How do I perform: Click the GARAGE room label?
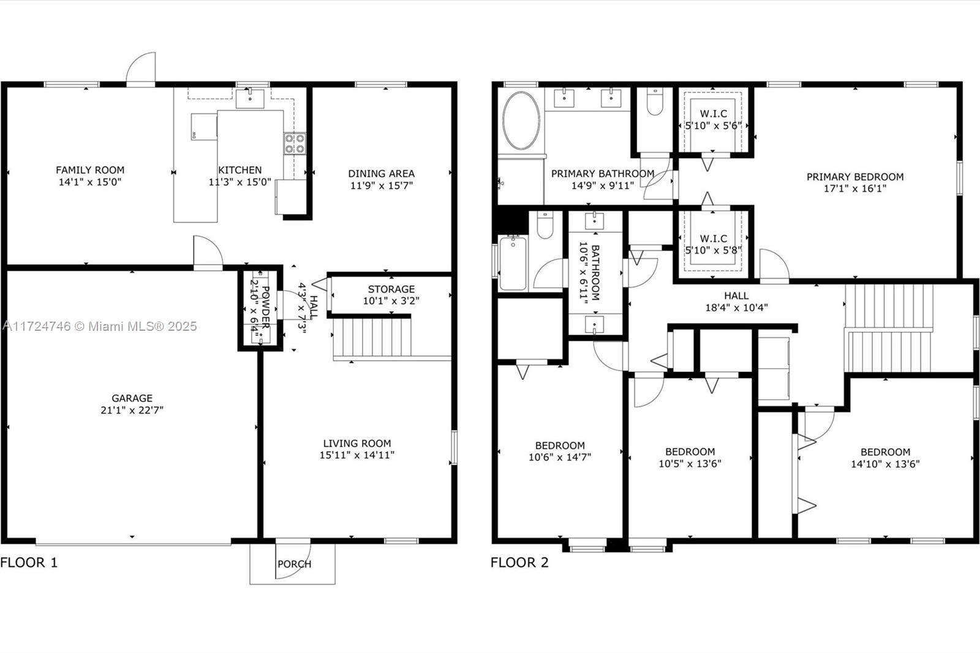click(x=132, y=398)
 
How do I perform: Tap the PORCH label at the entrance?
click(x=294, y=564)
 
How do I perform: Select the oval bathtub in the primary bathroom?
click(x=521, y=120)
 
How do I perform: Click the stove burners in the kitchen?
click(x=295, y=144)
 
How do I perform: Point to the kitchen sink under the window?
click(x=250, y=97)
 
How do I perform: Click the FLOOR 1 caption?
click(x=29, y=562)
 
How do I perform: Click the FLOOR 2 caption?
click(x=519, y=562)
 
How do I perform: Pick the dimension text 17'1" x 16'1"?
click(x=854, y=189)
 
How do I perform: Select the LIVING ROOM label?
click(x=356, y=444)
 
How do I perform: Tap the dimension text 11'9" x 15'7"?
click(x=381, y=186)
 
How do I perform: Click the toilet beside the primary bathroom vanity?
click(x=655, y=103)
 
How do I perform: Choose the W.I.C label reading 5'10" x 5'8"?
click(x=713, y=244)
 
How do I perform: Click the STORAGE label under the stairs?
click(x=391, y=289)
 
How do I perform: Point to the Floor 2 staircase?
click(x=888, y=329)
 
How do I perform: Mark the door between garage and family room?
click(x=207, y=252)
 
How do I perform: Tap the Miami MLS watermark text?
click(x=99, y=326)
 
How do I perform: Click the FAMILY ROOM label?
click(x=90, y=170)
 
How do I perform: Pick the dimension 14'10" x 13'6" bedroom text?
click(x=885, y=464)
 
